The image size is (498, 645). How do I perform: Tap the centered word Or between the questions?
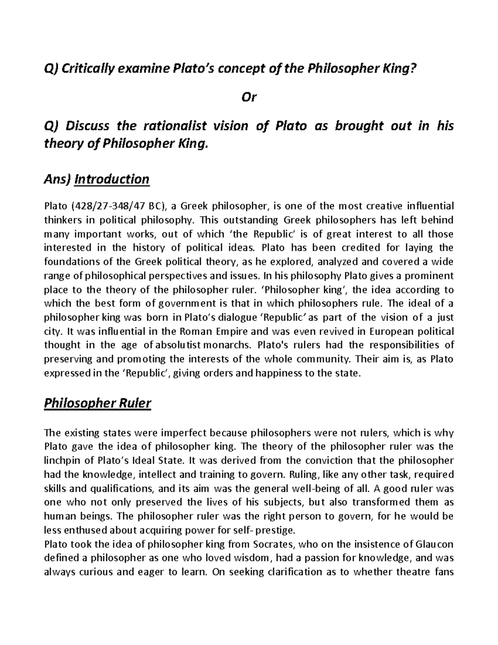249,97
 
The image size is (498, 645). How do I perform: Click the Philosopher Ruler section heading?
98,403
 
